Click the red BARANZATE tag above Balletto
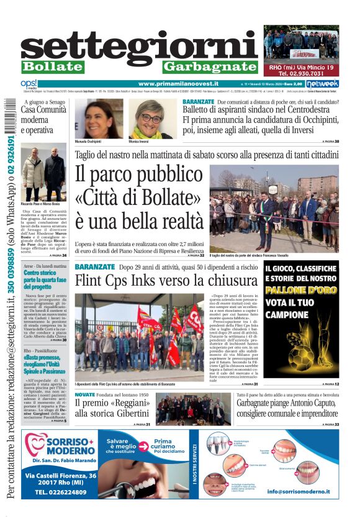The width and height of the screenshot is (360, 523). pos(199,101)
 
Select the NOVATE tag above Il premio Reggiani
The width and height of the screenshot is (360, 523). pos(84,395)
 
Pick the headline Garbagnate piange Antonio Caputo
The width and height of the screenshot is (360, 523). pos(275,408)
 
